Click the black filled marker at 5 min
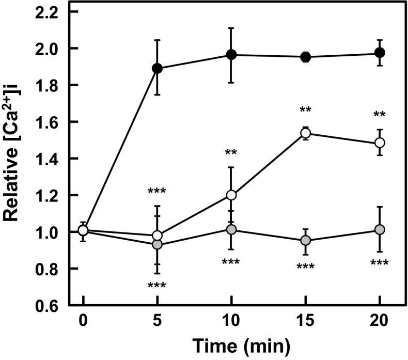point(158,68)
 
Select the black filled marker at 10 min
point(232,55)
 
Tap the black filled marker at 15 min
point(306,57)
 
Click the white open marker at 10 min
point(232,195)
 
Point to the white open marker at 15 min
point(306,133)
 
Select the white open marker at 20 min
point(380,143)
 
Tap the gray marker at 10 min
point(232,229)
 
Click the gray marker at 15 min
point(306,241)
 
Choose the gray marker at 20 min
point(380,229)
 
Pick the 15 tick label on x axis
point(306,323)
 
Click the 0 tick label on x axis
point(83,323)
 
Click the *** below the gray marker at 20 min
point(380,264)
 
